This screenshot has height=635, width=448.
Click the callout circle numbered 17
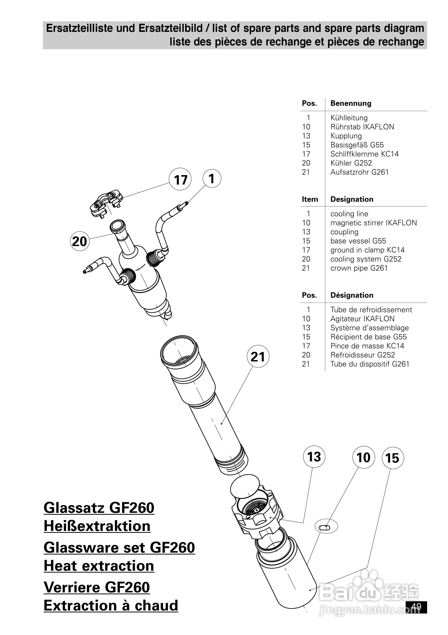180,179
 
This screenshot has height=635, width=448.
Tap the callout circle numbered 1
212,178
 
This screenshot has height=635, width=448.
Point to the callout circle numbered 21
258,357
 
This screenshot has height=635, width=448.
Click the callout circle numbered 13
314,457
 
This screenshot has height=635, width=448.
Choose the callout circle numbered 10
363,457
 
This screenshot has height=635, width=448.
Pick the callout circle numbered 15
392,458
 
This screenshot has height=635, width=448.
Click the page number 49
416,607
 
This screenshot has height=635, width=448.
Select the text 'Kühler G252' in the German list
351,163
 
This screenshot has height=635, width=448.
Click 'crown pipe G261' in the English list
359,268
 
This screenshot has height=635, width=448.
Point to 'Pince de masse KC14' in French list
367,346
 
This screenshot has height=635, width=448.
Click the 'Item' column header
310,199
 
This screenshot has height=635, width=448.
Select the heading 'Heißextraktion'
97,526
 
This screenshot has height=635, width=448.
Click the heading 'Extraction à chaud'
111,605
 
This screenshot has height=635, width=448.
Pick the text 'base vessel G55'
358,241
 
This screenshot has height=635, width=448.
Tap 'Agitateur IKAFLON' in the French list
362,319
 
